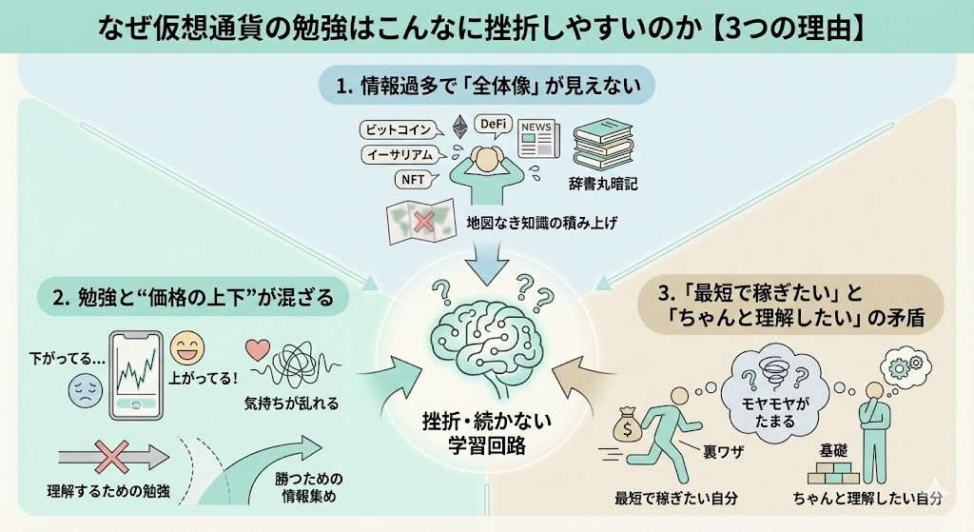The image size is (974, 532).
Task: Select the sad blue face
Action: (x=85, y=391)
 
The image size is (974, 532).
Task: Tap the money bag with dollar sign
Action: (x=630, y=423)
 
